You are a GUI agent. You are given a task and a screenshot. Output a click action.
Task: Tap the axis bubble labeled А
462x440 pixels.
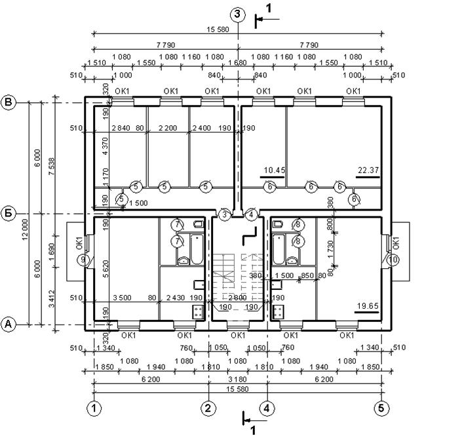[x=9, y=324]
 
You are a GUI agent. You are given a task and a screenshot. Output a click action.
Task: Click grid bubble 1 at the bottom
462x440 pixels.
[x=95, y=407]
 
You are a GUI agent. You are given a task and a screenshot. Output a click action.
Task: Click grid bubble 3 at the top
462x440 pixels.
[x=238, y=14]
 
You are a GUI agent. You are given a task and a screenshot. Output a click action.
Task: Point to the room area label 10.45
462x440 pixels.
[x=275, y=170]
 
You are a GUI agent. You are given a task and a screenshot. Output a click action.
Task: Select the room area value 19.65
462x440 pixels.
[x=368, y=306]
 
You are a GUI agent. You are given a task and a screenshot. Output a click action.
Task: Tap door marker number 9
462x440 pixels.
[x=83, y=260]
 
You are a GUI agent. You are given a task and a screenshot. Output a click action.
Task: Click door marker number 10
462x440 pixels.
[x=393, y=260]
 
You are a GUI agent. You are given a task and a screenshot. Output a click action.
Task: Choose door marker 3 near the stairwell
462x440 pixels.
[x=225, y=214]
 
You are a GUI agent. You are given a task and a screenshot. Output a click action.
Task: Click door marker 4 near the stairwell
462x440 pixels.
[x=251, y=214]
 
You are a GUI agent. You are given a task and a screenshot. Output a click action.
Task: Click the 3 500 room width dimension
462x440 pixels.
[x=122, y=298]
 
